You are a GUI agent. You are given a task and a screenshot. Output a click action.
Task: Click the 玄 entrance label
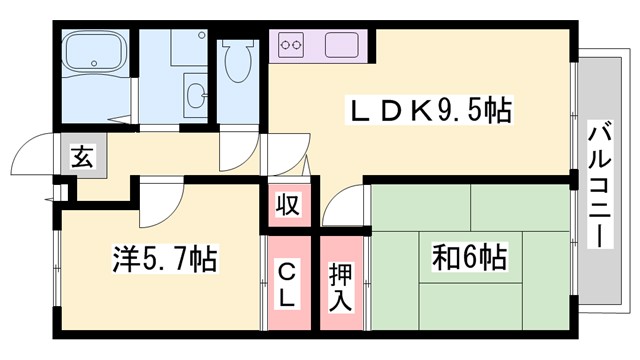pos(80,156)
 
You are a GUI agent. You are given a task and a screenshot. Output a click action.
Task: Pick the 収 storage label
pos(288,205)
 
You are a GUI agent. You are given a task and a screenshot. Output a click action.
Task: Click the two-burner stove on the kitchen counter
pos(294,46)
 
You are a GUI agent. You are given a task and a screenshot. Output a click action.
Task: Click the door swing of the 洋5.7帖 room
pos(158,206)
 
